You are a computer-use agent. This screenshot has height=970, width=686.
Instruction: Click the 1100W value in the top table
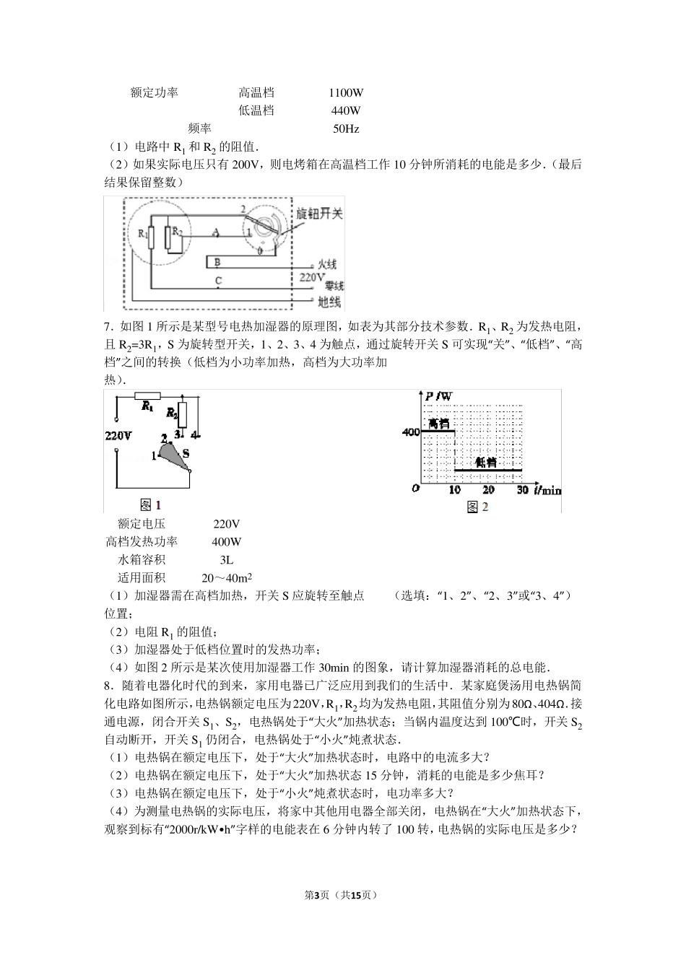pyautogui.click(x=345, y=92)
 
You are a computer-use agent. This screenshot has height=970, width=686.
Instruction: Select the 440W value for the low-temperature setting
pyautogui.click(x=345, y=110)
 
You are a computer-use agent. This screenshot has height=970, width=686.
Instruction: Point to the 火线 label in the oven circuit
pyautogui.click(x=327, y=265)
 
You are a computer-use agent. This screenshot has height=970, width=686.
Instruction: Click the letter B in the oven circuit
pyautogui.click(x=217, y=262)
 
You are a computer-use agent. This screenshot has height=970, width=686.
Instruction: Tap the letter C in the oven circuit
pyautogui.click(x=218, y=280)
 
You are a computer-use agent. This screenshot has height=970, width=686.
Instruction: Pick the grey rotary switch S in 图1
pyautogui.click(x=173, y=455)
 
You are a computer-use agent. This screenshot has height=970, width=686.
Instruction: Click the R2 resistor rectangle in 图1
pyautogui.click(x=183, y=415)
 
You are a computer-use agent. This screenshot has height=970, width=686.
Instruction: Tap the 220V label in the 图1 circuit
pyautogui.click(x=118, y=436)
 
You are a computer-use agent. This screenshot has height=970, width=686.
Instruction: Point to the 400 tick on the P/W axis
pyautogui.click(x=410, y=432)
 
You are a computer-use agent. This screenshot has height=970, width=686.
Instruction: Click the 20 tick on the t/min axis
pyautogui.click(x=488, y=491)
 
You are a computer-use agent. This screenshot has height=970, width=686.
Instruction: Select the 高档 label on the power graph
pyautogui.click(x=438, y=423)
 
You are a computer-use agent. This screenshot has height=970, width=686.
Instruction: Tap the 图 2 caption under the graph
pyautogui.click(x=477, y=507)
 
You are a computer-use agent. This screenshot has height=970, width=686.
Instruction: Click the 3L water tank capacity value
pyautogui.click(x=226, y=560)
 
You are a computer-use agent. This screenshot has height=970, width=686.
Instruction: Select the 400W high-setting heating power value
pyautogui.click(x=227, y=542)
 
